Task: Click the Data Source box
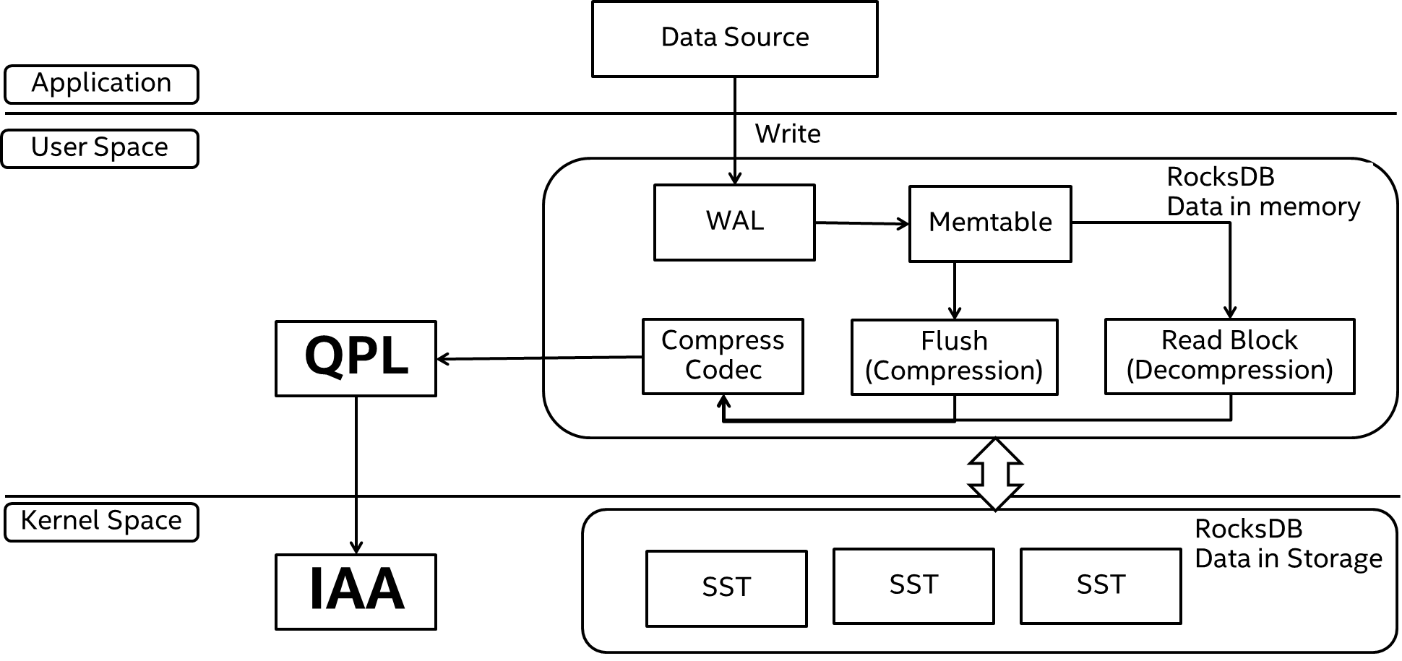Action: [x=734, y=38]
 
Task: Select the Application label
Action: [x=101, y=84]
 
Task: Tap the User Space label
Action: [x=100, y=148]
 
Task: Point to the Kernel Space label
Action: [x=101, y=522]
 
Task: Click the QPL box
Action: [x=356, y=358]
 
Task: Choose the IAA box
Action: [x=356, y=591]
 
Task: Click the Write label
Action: [x=802, y=135]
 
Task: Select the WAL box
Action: [x=734, y=222]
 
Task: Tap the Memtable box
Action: [x=989, y=223]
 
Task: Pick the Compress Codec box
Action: [x=723, y=356]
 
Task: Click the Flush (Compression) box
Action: [x=954, y=357]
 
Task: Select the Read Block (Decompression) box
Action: [x=1229, y=356]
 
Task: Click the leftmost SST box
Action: [x=726, y=588]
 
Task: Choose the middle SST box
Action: [x=913, y=585]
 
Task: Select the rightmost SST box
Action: [x=1101, y=585]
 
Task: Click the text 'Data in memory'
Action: [x=1263, y=207]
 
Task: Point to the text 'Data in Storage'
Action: [x=1289, y=559]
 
